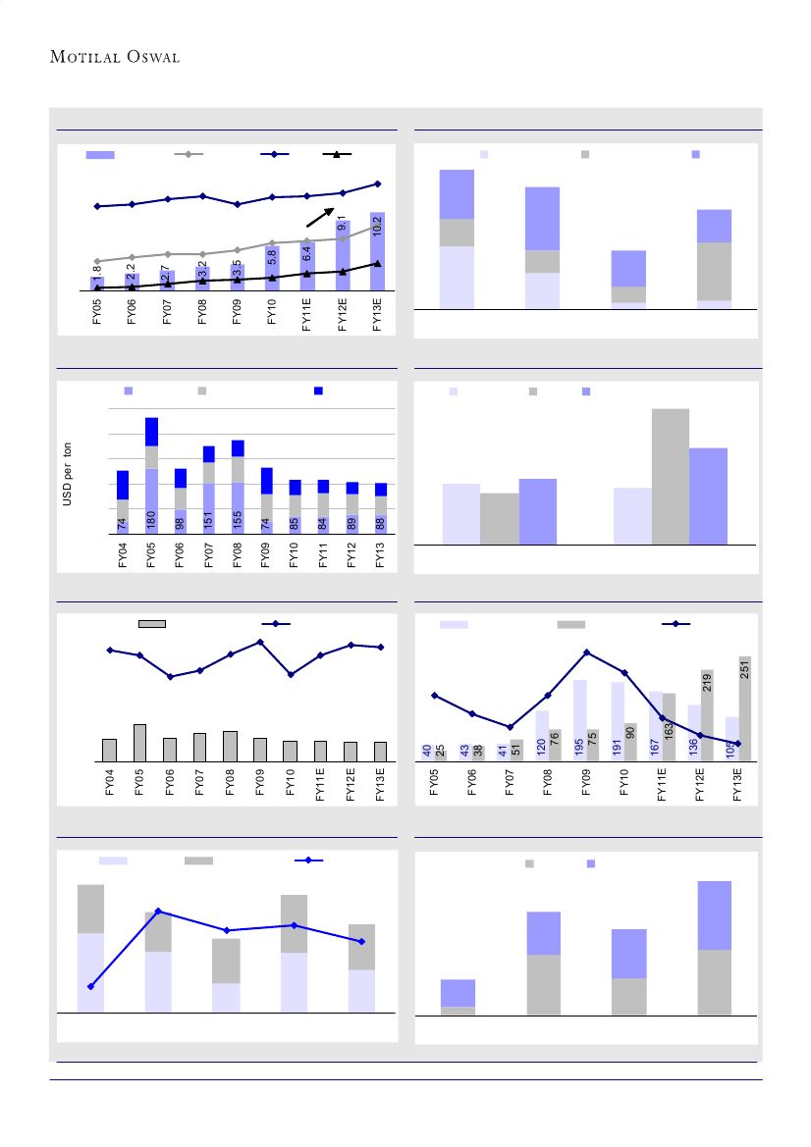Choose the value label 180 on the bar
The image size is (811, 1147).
151,520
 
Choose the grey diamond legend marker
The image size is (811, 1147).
189,155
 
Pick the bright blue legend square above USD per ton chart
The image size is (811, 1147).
318,391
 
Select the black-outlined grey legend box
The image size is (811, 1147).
152,623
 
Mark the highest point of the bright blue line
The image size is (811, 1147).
158,911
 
